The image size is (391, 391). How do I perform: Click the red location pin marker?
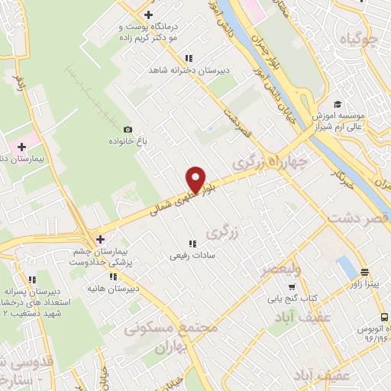(196, 179)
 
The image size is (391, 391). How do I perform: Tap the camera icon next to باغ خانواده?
(128, 131)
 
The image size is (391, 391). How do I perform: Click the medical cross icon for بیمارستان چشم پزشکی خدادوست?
(100, 240)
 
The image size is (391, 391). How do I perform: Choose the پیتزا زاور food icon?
(364, 272)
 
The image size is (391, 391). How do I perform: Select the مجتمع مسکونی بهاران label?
(171, 336)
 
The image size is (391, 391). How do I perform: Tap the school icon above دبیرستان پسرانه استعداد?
(31, 280)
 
